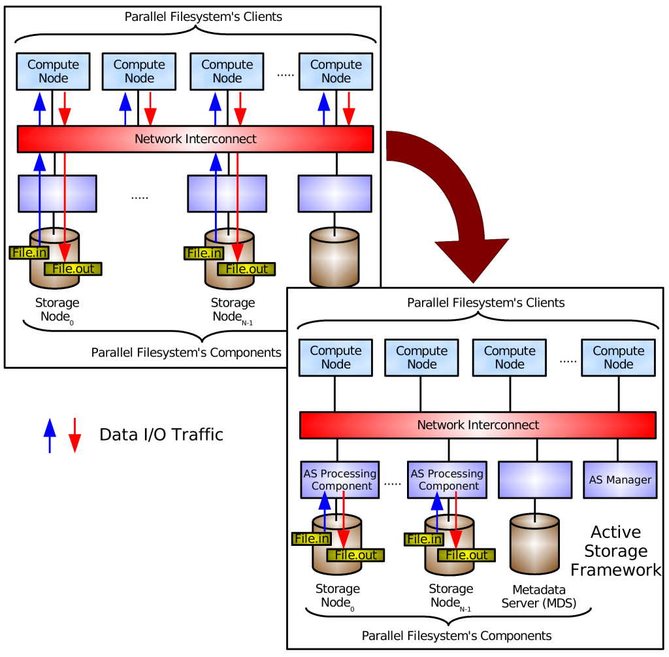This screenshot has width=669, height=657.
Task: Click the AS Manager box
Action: click(x=620, y=480)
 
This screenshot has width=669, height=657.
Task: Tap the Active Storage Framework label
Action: click(x=615, y=550)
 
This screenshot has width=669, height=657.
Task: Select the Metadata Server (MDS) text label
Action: click(x=539, y=596)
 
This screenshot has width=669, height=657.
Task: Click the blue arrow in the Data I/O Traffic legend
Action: click(x=50, y=435)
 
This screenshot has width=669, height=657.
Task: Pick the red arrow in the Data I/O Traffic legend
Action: click(x=74, y=435)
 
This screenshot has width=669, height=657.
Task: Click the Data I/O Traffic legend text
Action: click(x=161, y=435)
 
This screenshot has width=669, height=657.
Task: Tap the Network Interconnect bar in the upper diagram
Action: click(x=195, y=139)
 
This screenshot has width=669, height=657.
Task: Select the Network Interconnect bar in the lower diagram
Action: click(x=478, y=425)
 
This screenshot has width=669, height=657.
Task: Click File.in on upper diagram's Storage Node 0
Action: click(x=29, y=253)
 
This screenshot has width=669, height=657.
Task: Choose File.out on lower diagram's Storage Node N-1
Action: click(x=466, y=555)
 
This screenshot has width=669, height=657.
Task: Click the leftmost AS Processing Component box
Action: click(x=340, y=480)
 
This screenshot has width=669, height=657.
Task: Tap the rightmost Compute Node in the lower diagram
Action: click(x=618, y=358)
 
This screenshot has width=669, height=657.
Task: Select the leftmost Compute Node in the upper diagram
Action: click(x=54, y=71)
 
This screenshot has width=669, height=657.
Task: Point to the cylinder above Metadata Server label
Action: click(x=534, y=544)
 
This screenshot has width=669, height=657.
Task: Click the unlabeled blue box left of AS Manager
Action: click(x=535, y=480)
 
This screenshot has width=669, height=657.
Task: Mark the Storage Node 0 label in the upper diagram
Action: click(x=57, y=311)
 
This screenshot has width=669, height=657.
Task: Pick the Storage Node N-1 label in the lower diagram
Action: click(x=451, y=596)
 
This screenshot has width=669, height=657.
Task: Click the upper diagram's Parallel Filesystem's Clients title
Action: click(x=203, y=16)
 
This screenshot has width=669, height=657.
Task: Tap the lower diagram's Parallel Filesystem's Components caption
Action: click(x=457, y=635)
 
